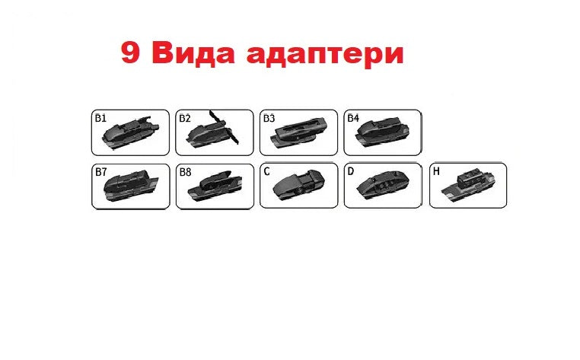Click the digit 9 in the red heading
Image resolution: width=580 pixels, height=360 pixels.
tap(130, 53)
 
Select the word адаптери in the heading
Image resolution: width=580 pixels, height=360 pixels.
tap(325, 56)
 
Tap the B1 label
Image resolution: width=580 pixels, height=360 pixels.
tap(100, 118)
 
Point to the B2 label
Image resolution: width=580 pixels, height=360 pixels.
tap(184, 118)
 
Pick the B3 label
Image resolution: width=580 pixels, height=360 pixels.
tap(269, 118)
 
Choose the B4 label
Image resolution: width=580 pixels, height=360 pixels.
tap(353, 118)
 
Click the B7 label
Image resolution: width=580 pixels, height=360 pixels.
tap(101, 172)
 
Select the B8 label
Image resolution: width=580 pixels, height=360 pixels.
tap(185, 172)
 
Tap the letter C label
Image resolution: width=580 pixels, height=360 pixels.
tap(266, 172)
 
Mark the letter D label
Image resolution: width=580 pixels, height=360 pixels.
tap(351, 171)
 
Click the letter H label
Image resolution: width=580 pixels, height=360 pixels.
tap(436, 171)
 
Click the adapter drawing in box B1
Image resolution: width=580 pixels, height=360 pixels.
tap(130, 132)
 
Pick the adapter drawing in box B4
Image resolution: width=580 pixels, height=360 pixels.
tap(382, 132)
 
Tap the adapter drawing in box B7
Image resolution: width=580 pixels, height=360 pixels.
tap(131, 186)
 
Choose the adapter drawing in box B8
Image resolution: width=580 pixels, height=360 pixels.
tap(215, 186)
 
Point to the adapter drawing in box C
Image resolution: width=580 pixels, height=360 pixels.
tap(298, 185)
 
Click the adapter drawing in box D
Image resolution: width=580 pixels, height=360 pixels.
tap(383, 185)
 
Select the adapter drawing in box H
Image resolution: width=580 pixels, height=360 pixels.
tap(468, 186)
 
